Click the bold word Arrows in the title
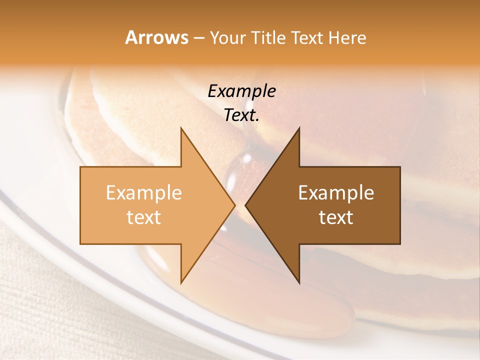tap(156, 37)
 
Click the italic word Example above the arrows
tap(241, 91)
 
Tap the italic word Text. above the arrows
tap(241, 115)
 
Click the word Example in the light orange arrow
tap(144, 193)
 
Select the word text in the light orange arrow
tap(144, 217)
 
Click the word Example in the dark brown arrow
tap(336, 193)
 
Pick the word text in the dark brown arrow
tap(336, 217)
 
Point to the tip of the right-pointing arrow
tap(234, 205)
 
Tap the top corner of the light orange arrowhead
tap(181, 128)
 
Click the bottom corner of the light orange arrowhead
tap(181, 282)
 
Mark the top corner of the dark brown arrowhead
tap(299, 128)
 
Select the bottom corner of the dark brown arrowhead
tap(299, 282)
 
